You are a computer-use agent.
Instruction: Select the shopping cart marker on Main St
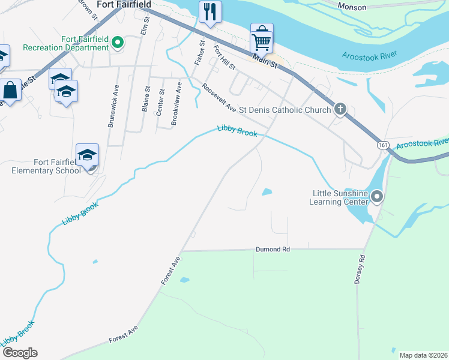click(262, 40)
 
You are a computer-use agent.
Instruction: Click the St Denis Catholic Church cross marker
click(340, 109)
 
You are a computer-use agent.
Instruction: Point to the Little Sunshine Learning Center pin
click(377, 196)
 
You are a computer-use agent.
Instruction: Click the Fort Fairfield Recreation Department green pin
click(118, 43)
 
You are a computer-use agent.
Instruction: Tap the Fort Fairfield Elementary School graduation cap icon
click(88, 155)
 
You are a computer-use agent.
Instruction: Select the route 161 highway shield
click(382, 145)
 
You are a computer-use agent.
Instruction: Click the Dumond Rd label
click(273, 248)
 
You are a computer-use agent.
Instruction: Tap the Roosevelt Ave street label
click(219, 98)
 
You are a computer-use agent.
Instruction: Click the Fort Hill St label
click(224, 59)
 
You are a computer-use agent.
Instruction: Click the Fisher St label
click(199, 53)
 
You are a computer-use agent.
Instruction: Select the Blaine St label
click(146, 99)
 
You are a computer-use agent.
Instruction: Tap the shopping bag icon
click(11, 91)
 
